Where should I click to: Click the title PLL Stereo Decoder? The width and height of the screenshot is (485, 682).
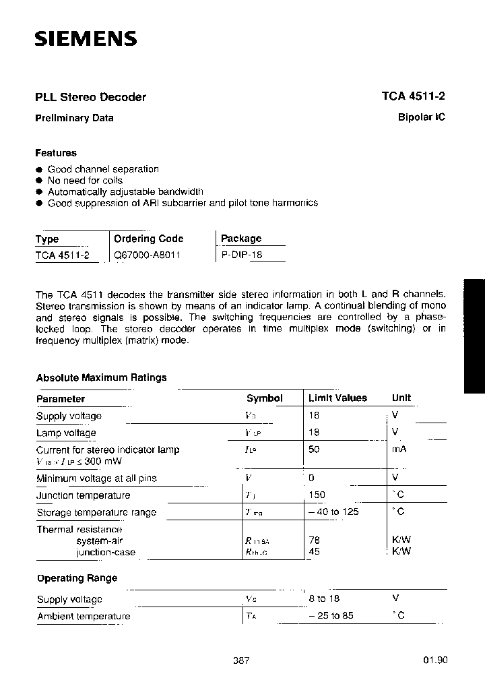(x=90, y=97)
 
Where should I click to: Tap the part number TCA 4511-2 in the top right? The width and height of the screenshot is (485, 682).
(x=413, y=96)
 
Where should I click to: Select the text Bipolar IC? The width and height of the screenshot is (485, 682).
(x=422, y=117)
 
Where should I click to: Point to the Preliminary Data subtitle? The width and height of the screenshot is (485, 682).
(x=74, y=118)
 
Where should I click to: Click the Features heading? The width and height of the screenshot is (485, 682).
(x=56, y=153)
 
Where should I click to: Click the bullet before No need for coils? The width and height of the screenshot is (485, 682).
(x=39, y=181)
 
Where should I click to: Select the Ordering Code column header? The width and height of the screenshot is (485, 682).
(x=148, y=239)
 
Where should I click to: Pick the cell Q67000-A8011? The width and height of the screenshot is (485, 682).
(x=147, y=255)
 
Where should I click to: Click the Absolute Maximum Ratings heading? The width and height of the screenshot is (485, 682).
(x=101, y=377)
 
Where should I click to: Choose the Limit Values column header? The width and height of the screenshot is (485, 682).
(x=337, y=398)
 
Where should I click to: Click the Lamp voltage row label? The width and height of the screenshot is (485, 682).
(x=66, y=433)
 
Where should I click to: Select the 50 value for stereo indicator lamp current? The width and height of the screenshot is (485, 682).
(x=314, y=449)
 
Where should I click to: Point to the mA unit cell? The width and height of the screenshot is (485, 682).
(x=399, y=449)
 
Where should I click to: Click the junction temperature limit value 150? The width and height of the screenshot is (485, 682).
(x=317, y=495)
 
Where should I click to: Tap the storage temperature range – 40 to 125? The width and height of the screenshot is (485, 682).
(x=333, y=511)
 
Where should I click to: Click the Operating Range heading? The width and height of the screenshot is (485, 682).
(x=76, y=578)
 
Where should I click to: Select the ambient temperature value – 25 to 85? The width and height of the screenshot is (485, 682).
(x=331, y=615)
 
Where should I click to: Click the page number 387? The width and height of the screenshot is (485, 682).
(x=241, y=660)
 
